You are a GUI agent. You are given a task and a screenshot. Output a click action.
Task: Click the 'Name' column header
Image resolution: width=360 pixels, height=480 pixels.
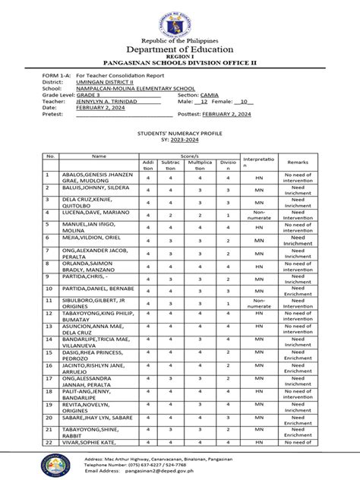[x=99, y=156]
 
